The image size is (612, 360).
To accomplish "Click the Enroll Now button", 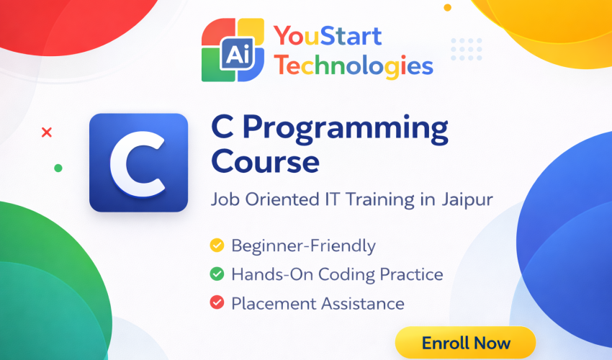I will click(466, 343).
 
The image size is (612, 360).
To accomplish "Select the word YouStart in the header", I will click(328, 36).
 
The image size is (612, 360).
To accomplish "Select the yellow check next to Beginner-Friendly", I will click(216, 246).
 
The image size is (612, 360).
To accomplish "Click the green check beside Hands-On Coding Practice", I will click(216, 274).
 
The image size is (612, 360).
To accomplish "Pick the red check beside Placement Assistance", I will click(216, 303).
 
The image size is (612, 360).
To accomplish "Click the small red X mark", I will click(47, 132).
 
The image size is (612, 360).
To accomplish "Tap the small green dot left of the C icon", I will click(58, 168).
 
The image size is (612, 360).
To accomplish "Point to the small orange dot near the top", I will click(447, 7).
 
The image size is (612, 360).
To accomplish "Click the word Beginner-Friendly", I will click(303, 246).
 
